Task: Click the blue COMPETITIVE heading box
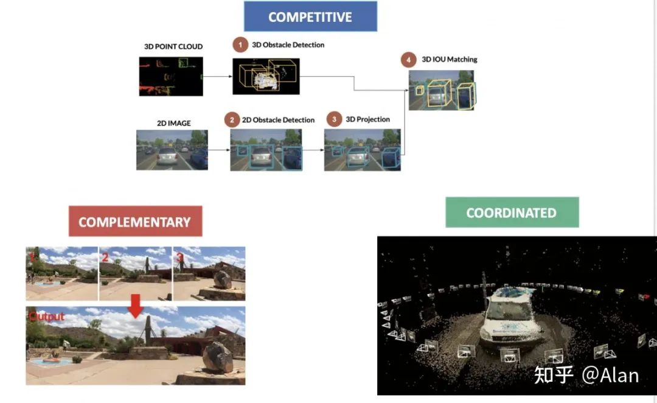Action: pos(310,16)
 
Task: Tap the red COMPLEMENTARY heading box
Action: pos(135,222)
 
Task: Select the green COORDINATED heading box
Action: pos(512,212)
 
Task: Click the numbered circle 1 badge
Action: pos(241,44)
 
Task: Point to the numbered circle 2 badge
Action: pos(231,119)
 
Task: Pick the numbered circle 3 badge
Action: pos(334,119)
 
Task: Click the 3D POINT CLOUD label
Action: pos(173,46)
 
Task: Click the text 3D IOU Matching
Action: pos(449,60)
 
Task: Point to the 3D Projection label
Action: pos(367,119)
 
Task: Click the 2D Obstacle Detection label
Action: pos(278,120)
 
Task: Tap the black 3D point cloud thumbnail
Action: pos(171,76)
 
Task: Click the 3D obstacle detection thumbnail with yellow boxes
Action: pos(266,77)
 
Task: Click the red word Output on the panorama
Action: pos(46,317)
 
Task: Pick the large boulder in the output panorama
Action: pos(217,357)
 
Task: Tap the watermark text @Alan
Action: pos(610,374)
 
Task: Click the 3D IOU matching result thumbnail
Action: pos(442,90)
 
